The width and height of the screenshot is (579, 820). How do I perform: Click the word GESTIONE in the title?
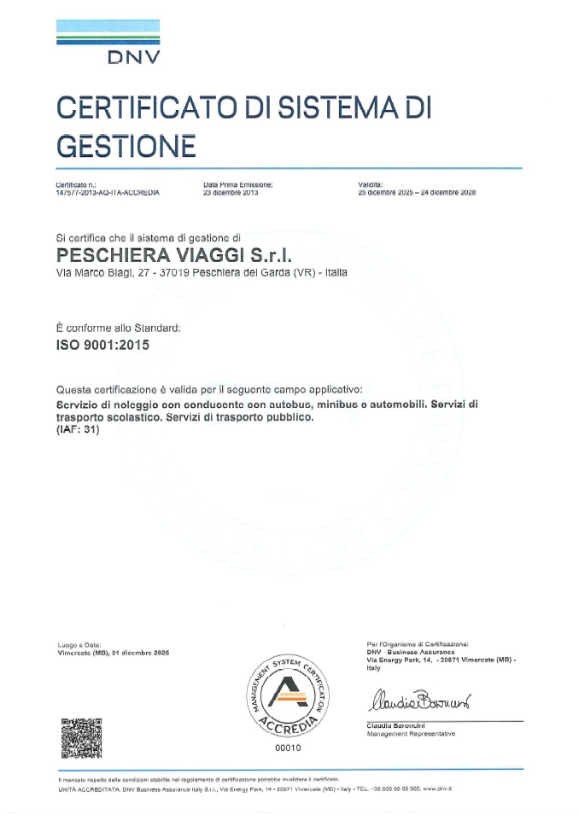(126, 146)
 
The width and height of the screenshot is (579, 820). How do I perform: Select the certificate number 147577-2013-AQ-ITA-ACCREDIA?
(108, 193)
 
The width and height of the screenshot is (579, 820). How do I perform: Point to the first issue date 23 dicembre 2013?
(231, 193)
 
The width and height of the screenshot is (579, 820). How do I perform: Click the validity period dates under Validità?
(417, 193)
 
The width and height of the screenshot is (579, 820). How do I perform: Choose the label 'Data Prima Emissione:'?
(238, 184)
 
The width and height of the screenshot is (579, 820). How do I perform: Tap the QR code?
(82, 738)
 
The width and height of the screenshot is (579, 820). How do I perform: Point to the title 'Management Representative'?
(411, 734)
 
